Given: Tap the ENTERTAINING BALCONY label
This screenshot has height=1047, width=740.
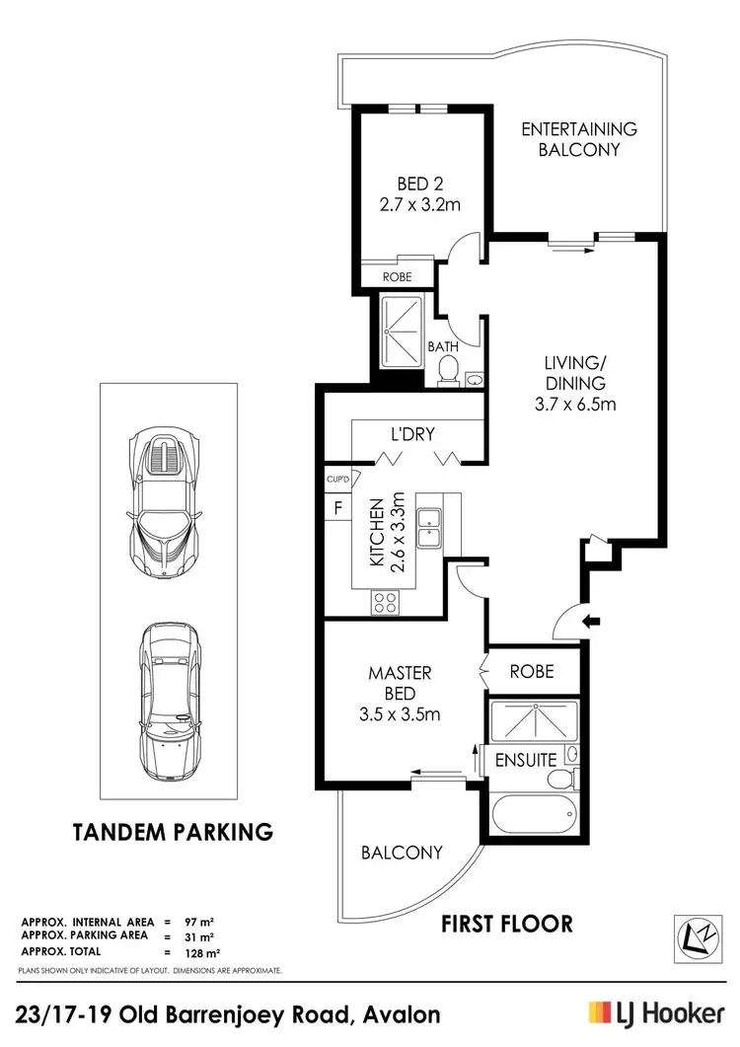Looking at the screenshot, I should tap(578, 139).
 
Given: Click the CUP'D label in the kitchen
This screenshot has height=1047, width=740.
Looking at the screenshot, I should tap(337, 480).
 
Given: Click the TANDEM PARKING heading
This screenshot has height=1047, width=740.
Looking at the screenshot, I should tap(173, 832).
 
